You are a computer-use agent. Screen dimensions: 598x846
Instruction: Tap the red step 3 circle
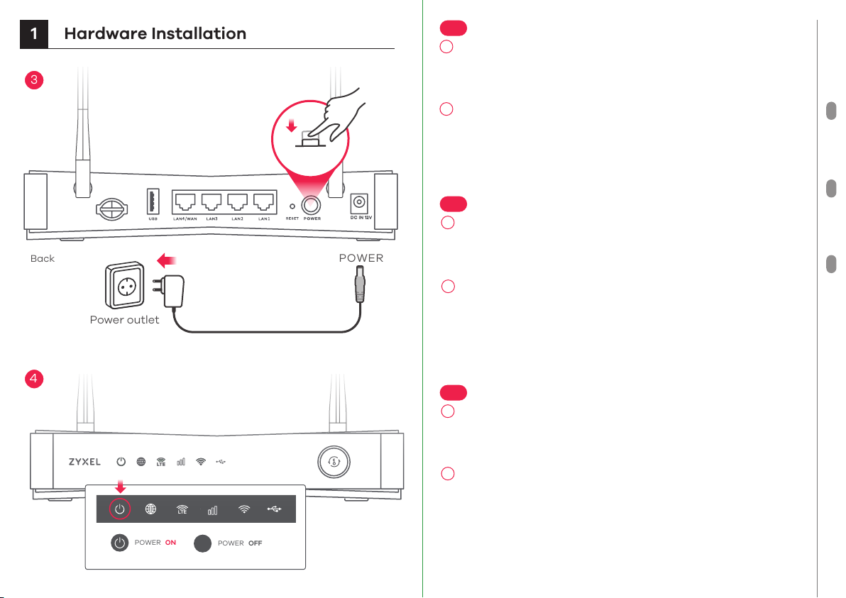point(33,80)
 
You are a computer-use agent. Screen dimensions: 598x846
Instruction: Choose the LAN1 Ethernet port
point(265,204)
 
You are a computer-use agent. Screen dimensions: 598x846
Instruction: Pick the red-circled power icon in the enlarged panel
point(120,509)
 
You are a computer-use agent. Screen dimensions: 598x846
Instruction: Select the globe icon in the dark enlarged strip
point(151,509)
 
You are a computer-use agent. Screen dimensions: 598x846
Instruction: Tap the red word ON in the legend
point(170,543)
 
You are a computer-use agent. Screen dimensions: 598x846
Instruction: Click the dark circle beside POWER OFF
point(203,543)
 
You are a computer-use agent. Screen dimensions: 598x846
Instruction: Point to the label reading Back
point(43,259)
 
